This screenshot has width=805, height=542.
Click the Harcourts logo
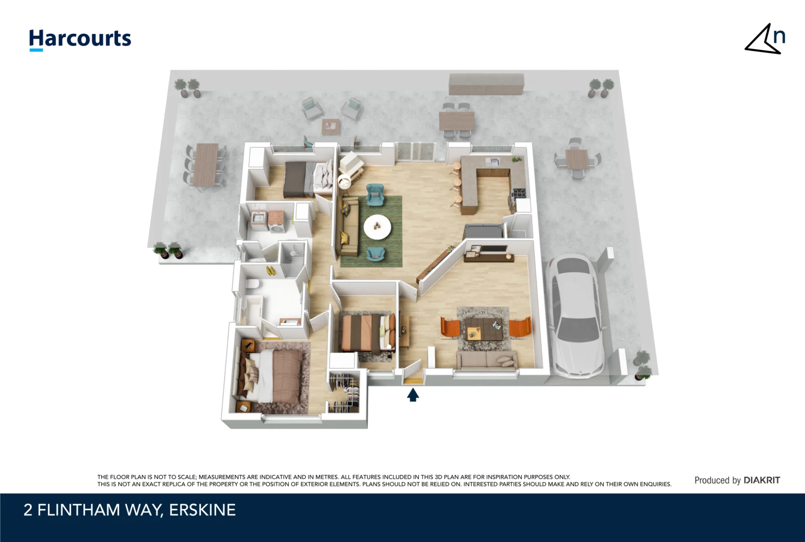(80, 40)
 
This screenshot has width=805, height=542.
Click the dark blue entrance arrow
(413, 395)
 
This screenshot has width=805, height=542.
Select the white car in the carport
(576, 316)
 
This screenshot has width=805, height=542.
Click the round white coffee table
(377, 227)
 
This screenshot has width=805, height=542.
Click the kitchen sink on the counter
(493, 162)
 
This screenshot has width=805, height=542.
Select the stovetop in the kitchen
(519, 194)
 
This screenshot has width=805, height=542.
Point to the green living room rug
(371, 232)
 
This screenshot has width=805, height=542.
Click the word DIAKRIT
(762, 480)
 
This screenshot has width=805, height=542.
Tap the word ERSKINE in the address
(202, 510)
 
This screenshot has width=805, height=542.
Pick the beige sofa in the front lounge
(487, 360)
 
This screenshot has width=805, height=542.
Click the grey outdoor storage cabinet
(487, 84)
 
